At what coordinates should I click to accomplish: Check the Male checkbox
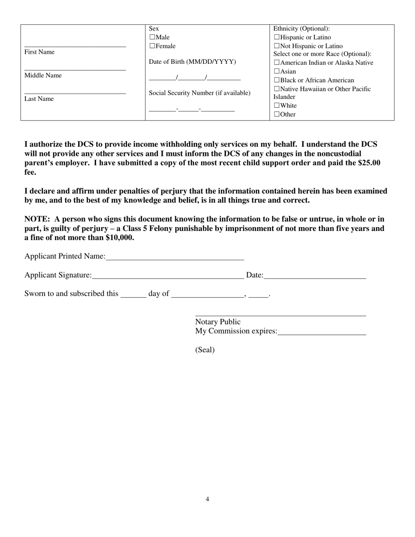[152, 38]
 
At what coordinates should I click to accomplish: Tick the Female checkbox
[152, 46]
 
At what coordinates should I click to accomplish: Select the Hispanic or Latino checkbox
[277, 38]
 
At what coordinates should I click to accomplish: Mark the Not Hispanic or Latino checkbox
[277, 46]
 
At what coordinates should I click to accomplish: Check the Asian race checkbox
[277, 71]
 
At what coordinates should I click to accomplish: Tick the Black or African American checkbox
[277, 80]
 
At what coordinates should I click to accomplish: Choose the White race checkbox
[277, 106]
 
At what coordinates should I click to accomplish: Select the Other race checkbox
[277, 114]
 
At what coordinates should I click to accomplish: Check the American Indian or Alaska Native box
[277, 63]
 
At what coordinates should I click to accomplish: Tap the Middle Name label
[43, 76]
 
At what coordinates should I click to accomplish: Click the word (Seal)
[205, 350]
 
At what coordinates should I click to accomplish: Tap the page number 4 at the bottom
[207, 499]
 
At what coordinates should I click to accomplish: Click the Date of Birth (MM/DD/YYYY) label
[192, 62]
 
